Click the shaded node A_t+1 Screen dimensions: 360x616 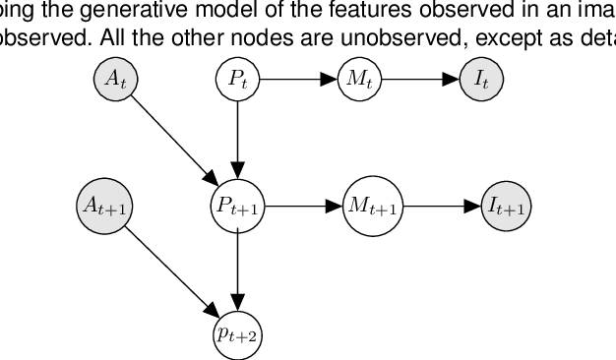tap(104, 207)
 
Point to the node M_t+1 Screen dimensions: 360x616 tap(373, 207)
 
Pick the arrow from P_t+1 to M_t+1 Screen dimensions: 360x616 tap(303, 207)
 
